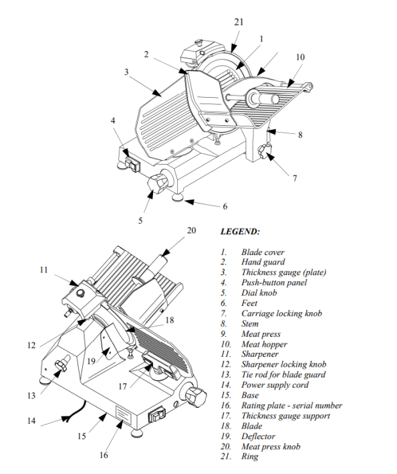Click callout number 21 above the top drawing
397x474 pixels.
click(x=239, y=22)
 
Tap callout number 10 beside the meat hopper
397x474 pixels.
click(x=300, y=57)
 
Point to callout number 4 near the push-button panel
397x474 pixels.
click(x=113, y=121)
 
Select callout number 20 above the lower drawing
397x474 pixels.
click(x=191, y=230)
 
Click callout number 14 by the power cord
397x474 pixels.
click(x=31, y=420)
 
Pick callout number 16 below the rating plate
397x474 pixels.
click(x=104, y=455)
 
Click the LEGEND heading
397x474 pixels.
click(x=240, y=232)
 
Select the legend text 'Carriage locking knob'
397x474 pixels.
click(x=281, y=313)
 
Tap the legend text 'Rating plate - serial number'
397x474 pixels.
click(x=291, y=406)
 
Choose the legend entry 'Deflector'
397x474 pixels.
click(x=258, y=437)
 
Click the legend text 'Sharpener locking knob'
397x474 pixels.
click(x=283, y=364)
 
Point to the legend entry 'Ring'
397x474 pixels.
click(x=249, y=457)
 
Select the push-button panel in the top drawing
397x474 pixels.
click(x=132, y=163)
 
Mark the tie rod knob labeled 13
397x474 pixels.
click(x=61, y=364)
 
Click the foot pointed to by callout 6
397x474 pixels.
click(x=177, y=197)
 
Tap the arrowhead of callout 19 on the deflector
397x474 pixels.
click(x=106, y=351)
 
